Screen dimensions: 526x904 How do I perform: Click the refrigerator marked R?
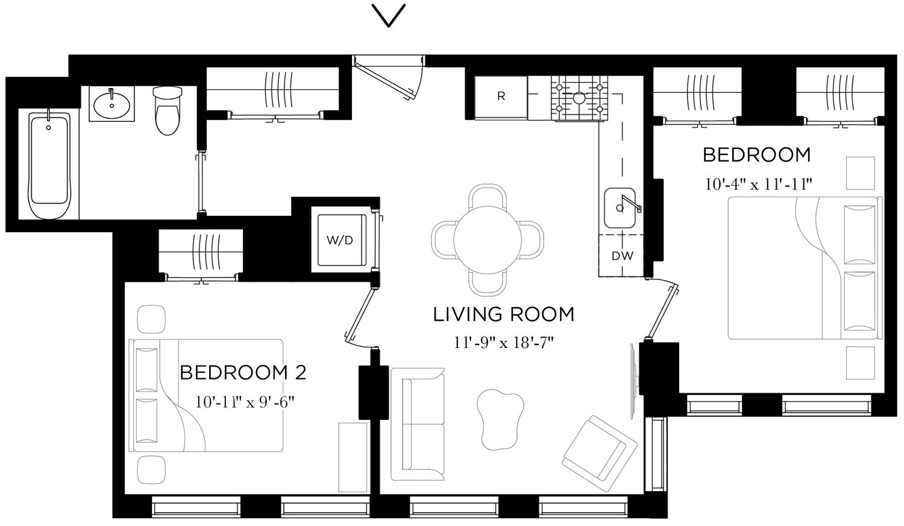(501, 97)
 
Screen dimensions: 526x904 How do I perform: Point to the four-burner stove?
(579, 98)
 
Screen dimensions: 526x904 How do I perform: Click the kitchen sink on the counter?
(621, 208)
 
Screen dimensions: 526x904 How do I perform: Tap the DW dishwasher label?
(623, 256)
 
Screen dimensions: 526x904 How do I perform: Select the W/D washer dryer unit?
(341, 239)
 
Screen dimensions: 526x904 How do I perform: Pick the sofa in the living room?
(417, 424)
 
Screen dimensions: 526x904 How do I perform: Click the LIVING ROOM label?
(503, 314)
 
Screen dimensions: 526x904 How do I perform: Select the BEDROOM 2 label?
(243, 372)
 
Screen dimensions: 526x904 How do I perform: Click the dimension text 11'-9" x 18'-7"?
(503, 343)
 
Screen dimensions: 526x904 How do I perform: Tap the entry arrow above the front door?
(389, 16)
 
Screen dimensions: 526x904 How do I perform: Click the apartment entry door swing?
(392, 77)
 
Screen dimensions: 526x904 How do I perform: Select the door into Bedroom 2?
(360, 317)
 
